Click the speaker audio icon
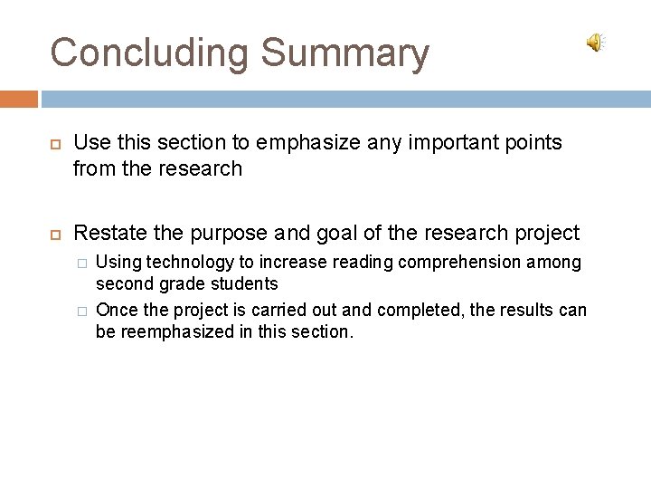tap(596, 43)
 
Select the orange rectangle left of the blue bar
tap(19, 98)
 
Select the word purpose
tap(229, 234)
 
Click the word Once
tap(114, 311)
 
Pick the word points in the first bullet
tap(534, 143)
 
